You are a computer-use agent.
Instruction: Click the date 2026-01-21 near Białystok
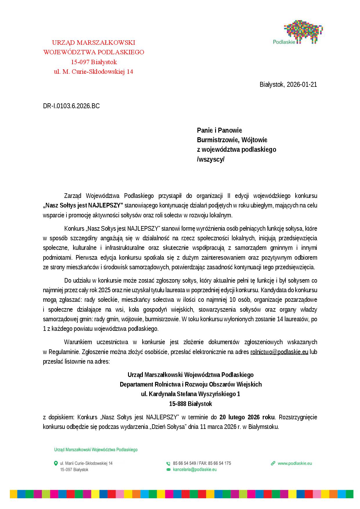point(302,84)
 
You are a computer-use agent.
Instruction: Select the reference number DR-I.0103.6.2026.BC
point(71,106)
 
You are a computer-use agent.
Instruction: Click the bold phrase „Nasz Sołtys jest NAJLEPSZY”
point(83,205)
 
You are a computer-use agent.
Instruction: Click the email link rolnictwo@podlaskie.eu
point(279,352)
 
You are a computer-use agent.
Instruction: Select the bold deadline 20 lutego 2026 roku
point(247,417)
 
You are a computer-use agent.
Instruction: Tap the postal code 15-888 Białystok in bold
point(190,404)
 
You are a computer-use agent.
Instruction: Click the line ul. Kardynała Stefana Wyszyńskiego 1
point(190,394)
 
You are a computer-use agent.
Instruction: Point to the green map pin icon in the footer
point(56,463)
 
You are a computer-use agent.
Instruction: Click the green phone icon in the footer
point(168,463)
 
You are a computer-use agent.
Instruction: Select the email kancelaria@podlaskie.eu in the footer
point(195,470)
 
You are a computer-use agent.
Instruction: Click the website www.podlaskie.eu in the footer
point(294,463)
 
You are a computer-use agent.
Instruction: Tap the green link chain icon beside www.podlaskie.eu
point(273,463)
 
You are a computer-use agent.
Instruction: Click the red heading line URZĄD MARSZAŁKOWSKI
point(93,43)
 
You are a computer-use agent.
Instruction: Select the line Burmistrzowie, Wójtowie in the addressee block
point(232,140)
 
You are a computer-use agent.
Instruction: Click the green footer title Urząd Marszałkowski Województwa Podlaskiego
point(96,450)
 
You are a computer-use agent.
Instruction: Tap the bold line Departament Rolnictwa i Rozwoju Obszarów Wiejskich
point(190,384)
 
